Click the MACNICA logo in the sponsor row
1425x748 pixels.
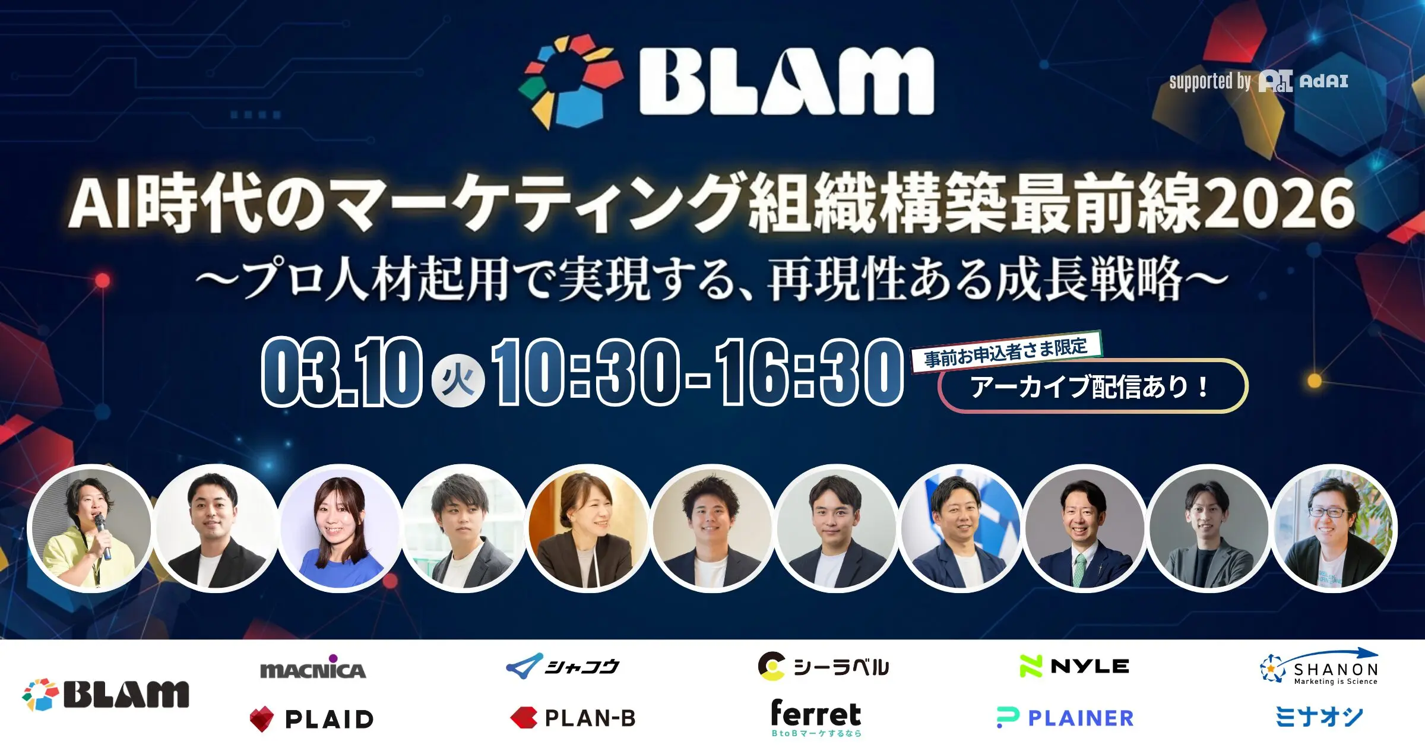(x=313, y=667)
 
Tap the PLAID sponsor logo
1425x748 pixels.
(x=312, y=719)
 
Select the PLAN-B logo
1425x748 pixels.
(x=573, y=718)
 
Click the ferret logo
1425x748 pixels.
(x=816, y=717)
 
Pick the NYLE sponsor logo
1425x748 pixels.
(x=1074, y=666)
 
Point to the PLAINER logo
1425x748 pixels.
(x=1065, y=718)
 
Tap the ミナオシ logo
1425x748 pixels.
(x=1319, y=717)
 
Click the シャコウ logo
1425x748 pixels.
(x=562, y=666)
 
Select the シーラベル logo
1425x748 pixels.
(x=824, y=666)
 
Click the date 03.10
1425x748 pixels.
(x=341, y=372)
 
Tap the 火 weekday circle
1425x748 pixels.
(x=457, y=380)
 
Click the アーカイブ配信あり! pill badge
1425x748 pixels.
(x=1092, y=386)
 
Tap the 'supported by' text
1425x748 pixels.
(x=1210, y=81)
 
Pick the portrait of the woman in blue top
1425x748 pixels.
(x=340, y=528)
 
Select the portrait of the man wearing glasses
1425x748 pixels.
(x=1334, y=528)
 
